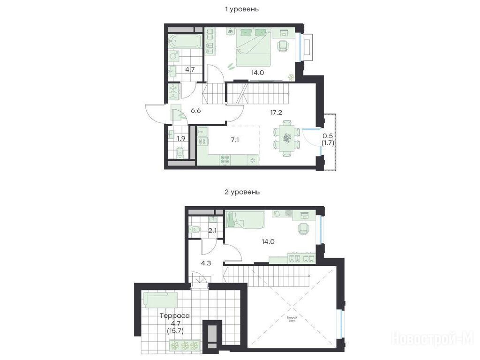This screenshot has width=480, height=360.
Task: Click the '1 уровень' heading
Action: click(x=242, y=9)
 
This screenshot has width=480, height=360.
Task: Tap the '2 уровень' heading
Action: click(x=242, y=192)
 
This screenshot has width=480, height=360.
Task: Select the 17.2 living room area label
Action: click(x=276, y=112)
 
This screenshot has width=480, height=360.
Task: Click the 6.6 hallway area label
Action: click(x=195, y=111)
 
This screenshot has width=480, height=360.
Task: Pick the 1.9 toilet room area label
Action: click(x=181, y=138)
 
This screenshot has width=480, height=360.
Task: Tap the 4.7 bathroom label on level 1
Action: click(x=190, y=69)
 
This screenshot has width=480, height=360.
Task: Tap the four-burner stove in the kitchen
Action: click(x=225, y=159)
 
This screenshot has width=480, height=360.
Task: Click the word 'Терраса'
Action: click(x=175, y=315)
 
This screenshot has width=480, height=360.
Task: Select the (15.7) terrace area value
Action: click(x=175, y=330)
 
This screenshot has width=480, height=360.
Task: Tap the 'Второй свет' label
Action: click(x=292, y=319)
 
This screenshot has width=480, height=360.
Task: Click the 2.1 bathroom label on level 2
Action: click(x=212, y=231)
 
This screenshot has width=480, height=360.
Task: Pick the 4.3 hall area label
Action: click(x=206, y=263)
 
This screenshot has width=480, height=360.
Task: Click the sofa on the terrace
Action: click(x=160, y=300)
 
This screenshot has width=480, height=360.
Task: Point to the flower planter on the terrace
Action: click(x=185, y=345)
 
